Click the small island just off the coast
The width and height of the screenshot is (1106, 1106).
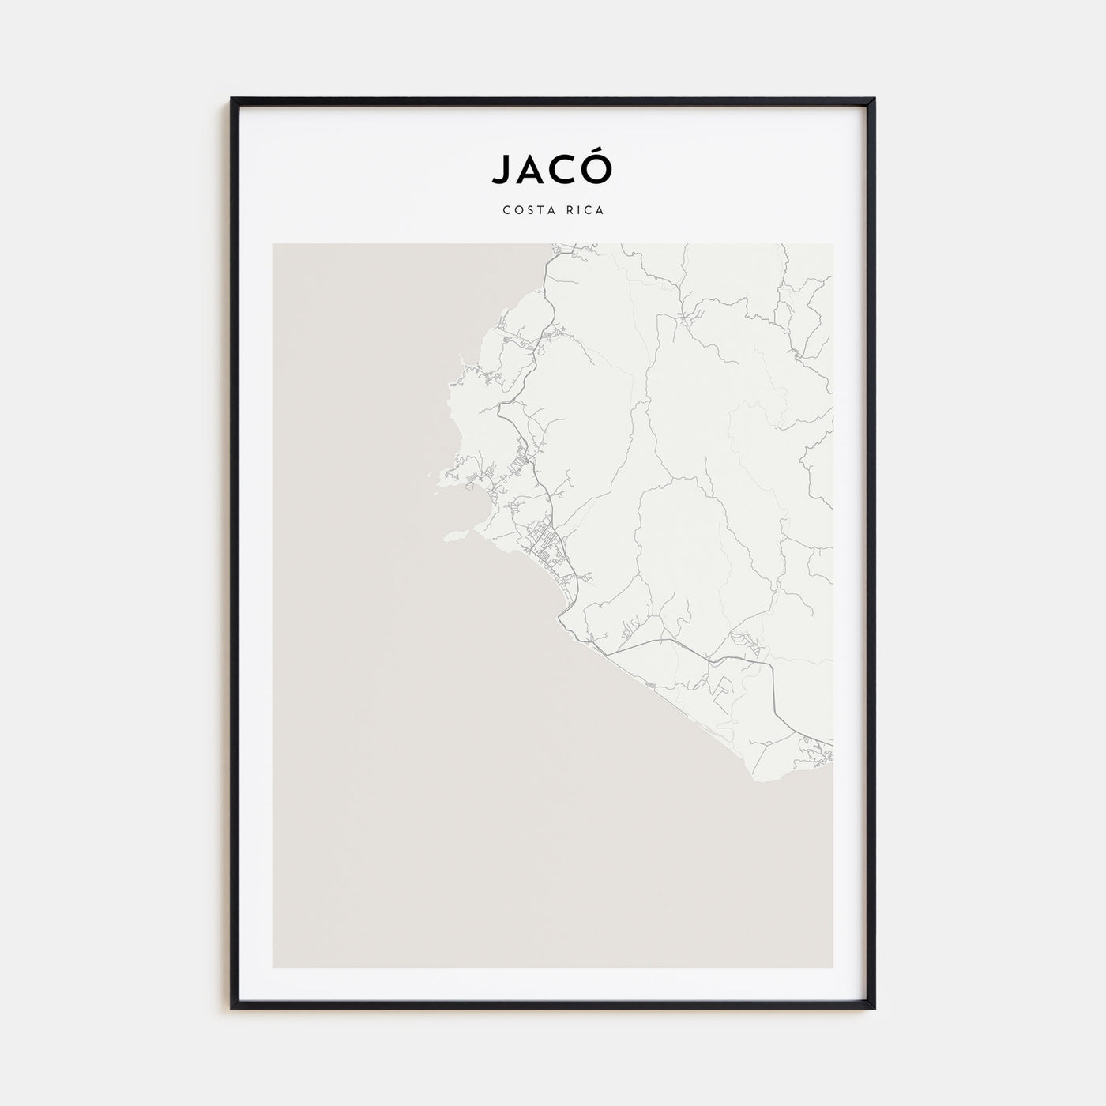(454, 536)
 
